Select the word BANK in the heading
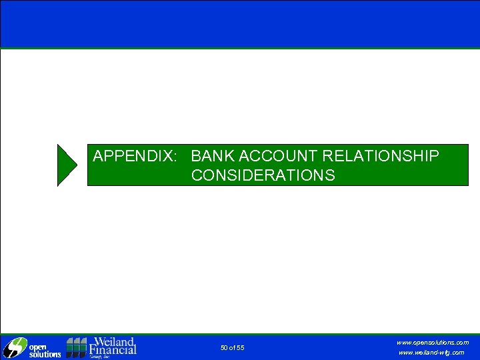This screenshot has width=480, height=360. [x=212, y=156]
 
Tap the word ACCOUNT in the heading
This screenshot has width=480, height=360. [x=278, y=156]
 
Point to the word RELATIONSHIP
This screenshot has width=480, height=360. [x=381, y=156]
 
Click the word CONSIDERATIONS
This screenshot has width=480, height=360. [x=263, y=175]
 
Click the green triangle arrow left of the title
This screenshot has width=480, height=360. [x=67, y=165]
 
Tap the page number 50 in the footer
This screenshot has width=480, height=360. [x=224, y=348]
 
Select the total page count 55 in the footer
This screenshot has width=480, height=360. [x=240, y=348]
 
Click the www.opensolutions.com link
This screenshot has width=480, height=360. [x=433, y=342]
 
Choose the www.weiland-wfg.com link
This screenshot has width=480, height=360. [x=431, y=353]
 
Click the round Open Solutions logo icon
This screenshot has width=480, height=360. [x=13, y=348]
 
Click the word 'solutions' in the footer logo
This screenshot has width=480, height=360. [x=43, y=354]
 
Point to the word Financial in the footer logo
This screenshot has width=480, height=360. [x=113, y=349]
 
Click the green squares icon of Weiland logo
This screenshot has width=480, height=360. [x=77, y=347]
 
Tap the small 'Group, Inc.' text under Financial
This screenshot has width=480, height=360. [x=101, y=357]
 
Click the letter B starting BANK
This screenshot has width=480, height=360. [x=196, y=156]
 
